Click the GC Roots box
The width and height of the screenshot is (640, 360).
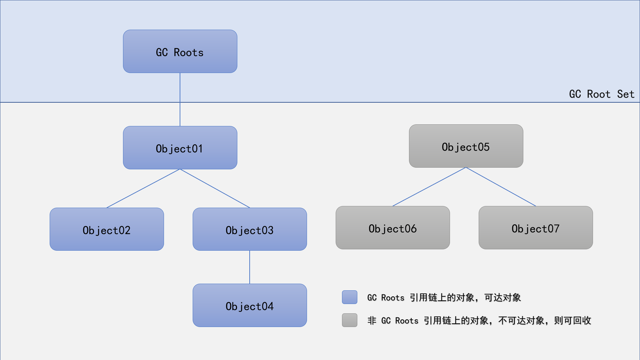180,51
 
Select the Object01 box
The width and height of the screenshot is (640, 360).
180,148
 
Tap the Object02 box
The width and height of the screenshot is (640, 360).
107,229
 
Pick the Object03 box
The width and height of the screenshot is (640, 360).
250,229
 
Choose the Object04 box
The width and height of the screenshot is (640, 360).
250,305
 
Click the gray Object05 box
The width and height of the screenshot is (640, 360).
466,146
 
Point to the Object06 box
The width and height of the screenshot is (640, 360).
393,228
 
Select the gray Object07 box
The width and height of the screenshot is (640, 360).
536,228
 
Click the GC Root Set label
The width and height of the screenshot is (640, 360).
601,94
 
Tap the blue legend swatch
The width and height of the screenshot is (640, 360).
349,297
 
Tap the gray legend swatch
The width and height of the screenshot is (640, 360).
349,320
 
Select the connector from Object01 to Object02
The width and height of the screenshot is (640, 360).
143,188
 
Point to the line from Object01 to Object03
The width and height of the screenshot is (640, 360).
215,188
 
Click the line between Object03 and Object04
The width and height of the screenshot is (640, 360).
250,267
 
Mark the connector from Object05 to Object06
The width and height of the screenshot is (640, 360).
429,187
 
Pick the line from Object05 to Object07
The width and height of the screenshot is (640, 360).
501,187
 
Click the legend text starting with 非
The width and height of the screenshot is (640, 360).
479,321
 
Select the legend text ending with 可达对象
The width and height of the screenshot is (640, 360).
444,297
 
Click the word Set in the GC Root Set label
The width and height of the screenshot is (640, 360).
625,94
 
